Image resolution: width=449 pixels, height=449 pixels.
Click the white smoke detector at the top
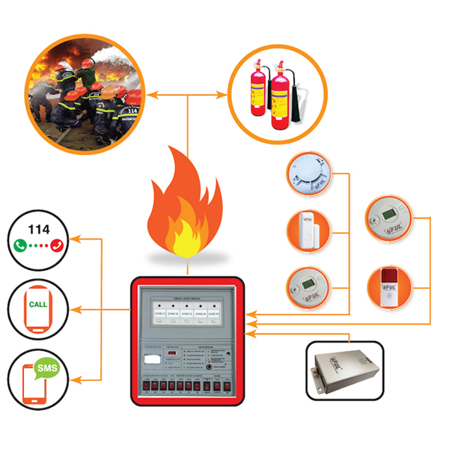click(x=308, y=174)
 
